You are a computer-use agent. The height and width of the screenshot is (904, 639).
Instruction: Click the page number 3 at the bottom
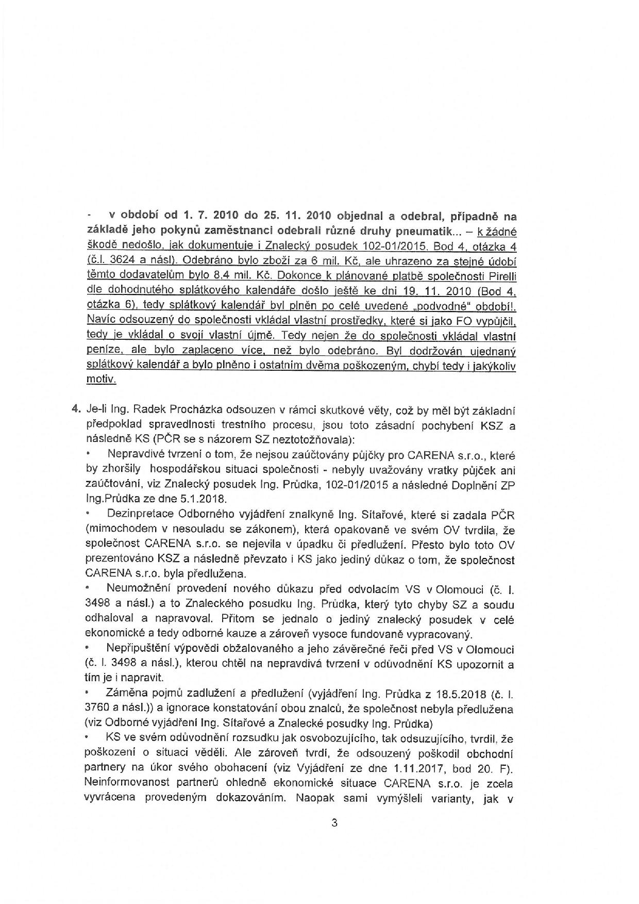334,823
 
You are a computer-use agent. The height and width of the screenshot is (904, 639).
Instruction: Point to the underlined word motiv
100,380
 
